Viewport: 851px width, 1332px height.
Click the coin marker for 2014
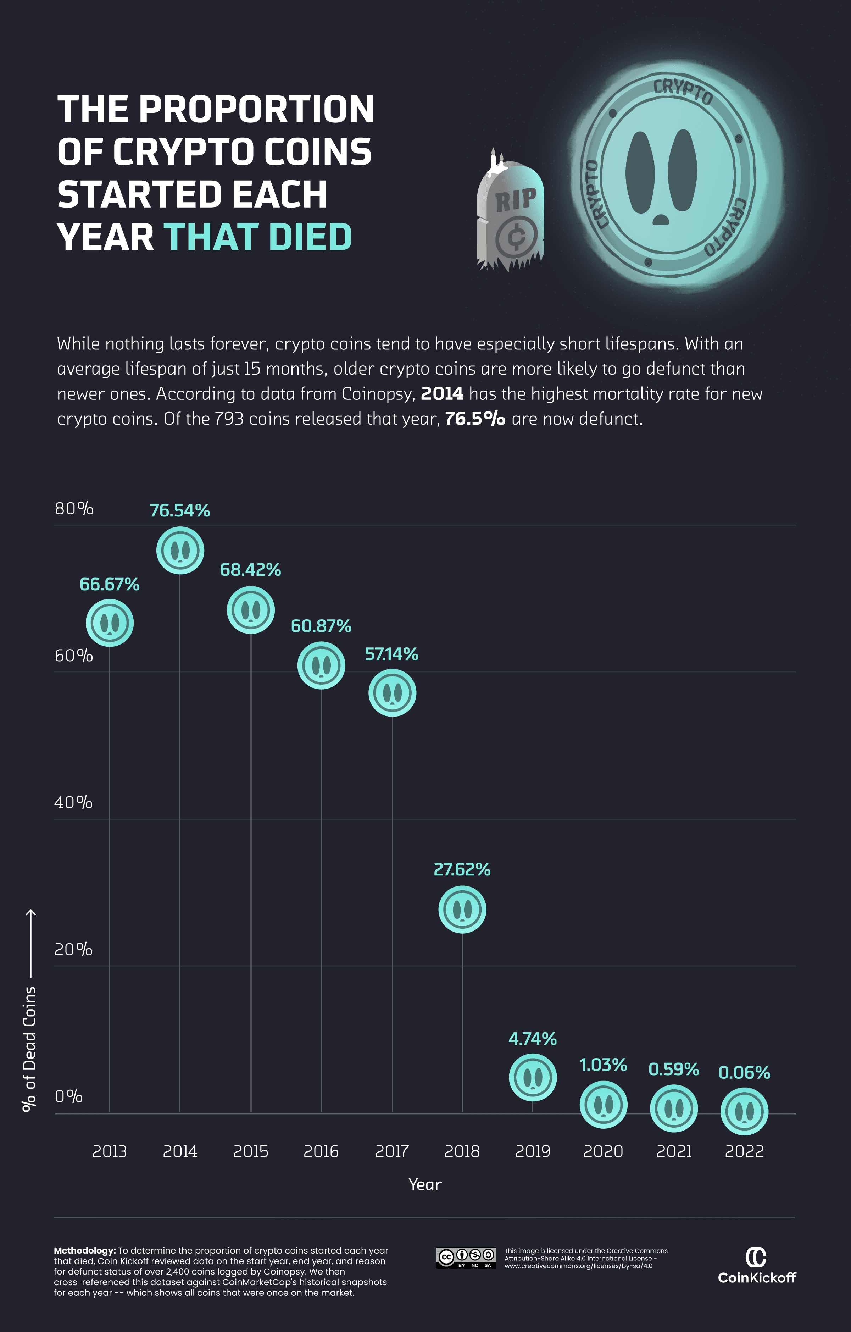click(x=180, y=551)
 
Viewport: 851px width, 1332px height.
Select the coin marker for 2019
click(x=532, y=1077)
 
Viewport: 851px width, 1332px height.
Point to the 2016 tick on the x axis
click(x=321, y=1152)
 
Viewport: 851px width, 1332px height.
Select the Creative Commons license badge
click(x=466, y=1257)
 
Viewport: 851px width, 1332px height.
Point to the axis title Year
click(x=425, y=1185)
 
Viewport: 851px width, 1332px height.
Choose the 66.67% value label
click(x=110, y=584)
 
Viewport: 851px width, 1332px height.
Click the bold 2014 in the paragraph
click(x=442, y=394)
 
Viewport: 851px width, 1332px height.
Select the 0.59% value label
click(x=673, y=1069)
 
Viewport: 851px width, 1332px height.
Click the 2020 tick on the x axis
click(x=603, y=1152)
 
